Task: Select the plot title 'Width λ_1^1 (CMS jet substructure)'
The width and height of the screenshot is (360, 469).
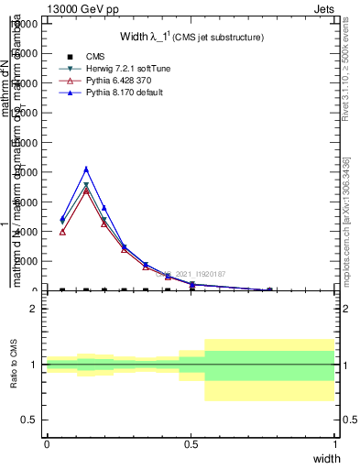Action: pyautogui.click(x=192, y=38)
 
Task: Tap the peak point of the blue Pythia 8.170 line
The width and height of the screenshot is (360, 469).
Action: pyautogui.click(x=86, y=169)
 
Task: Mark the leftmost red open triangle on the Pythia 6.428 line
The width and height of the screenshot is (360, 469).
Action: pyautogui.click(x=62, y=232)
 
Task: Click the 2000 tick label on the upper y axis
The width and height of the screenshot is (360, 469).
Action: pyautogui.click(x=28, y=261)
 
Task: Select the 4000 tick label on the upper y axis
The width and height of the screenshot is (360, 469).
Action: pyautogui.click(x=28, y=232)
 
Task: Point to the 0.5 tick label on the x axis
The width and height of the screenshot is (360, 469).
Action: pyautogui.click(x=191, y=443)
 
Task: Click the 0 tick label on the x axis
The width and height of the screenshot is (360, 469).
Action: pyautogui.click(x=47, y=443)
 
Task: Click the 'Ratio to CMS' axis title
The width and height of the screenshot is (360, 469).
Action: pyautogui.click(x=14, y=365)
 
